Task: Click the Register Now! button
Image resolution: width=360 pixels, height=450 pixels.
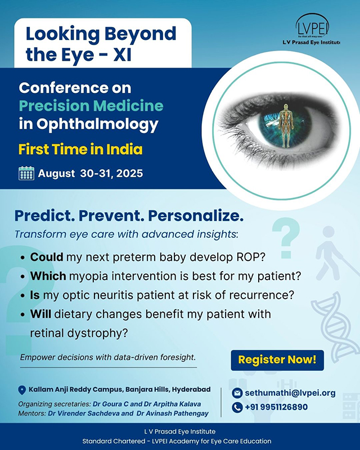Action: point(277,360)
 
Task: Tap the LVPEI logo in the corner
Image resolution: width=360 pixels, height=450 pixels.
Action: point(312,29)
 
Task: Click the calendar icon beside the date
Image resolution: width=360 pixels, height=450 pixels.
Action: point(26,173)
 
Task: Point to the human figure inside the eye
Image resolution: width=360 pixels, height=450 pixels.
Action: point(286,125)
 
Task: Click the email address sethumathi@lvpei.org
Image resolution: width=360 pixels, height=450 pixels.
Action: point(290,393)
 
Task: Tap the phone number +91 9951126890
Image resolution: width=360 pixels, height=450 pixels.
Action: point(276,407)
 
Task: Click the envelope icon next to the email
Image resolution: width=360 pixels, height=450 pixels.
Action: point(237,393)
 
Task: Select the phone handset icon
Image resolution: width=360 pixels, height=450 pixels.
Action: point(237,407)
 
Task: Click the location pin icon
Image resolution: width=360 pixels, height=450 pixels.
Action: point(22,390)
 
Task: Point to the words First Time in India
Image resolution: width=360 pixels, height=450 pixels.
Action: point(80,150)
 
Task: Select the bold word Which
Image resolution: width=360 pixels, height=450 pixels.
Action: point(48,276)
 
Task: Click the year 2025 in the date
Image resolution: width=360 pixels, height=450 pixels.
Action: point(130,173)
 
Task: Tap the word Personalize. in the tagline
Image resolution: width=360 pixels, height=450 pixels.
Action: point(196,216)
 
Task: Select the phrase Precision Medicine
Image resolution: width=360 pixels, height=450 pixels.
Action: point(91,106)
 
